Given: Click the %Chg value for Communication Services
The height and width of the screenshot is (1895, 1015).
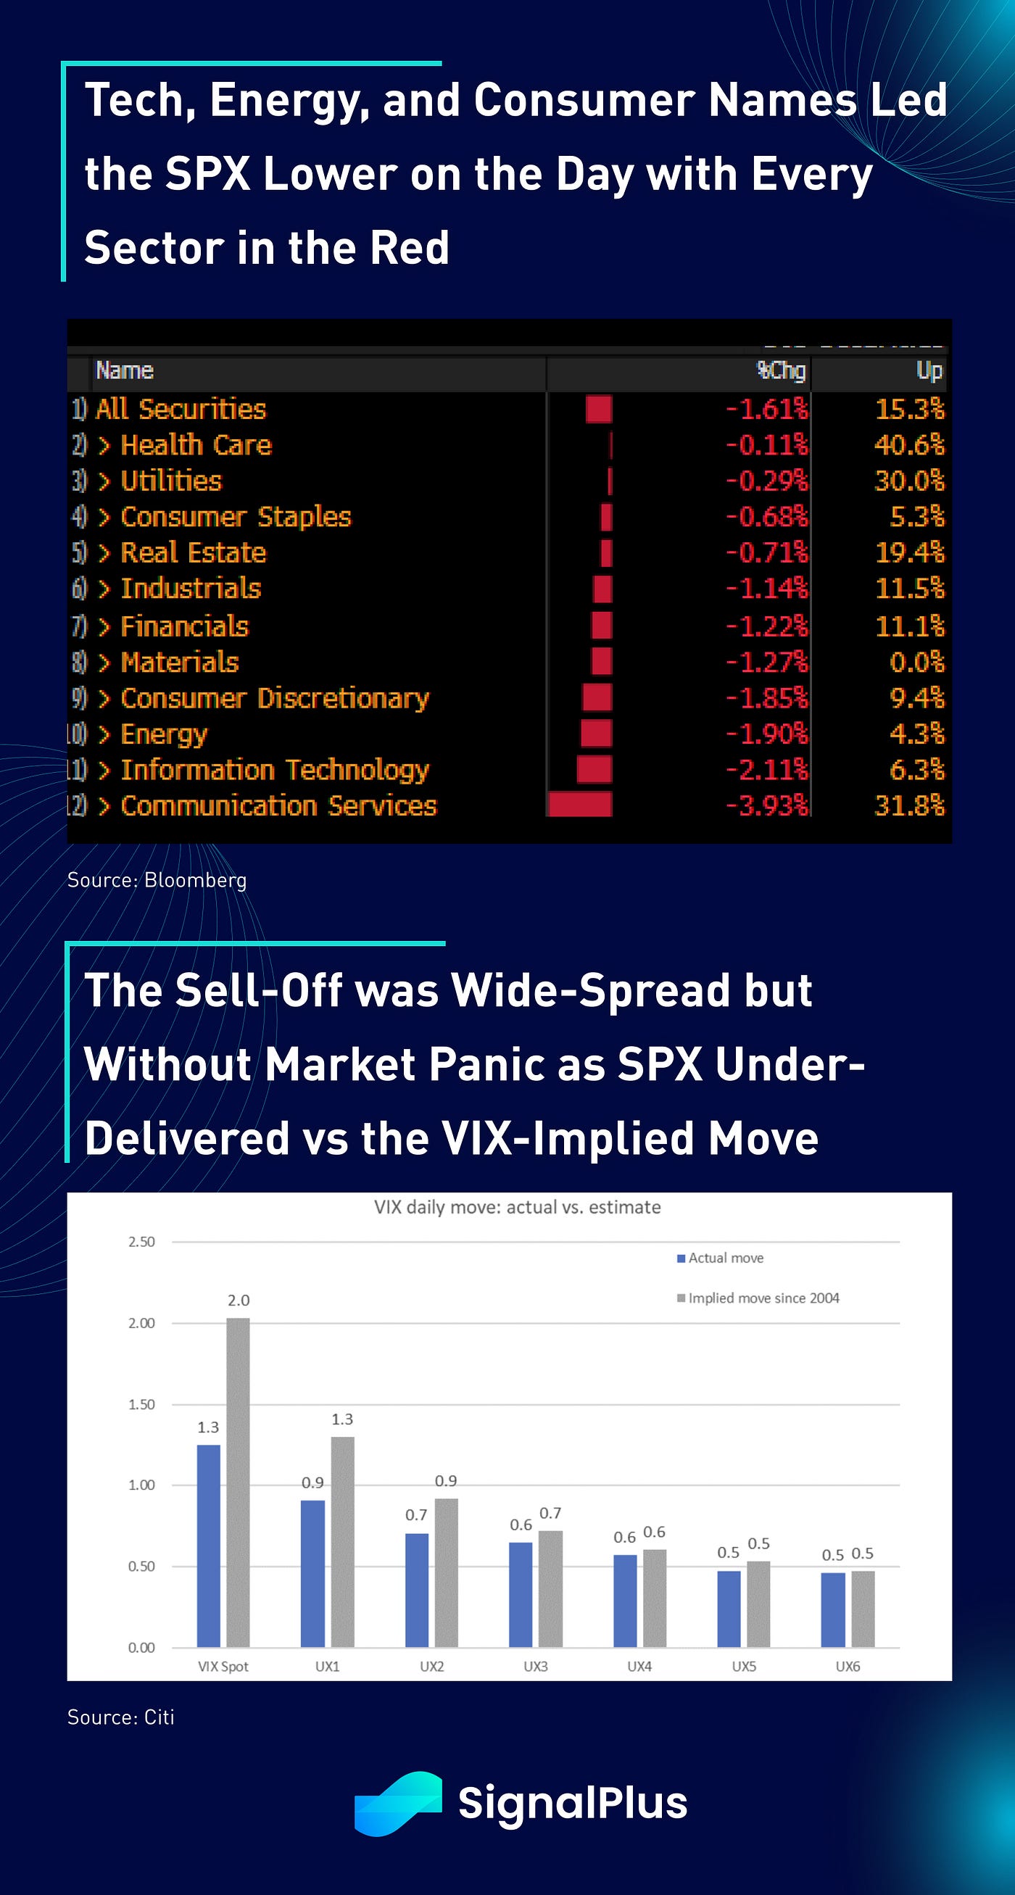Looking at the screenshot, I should tap(767, 805).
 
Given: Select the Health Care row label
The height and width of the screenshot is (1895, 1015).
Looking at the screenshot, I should tap(196, 445).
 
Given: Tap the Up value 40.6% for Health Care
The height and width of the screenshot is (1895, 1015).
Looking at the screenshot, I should tap(909, 445).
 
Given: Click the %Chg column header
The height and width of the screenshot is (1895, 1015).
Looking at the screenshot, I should tap(781, 370).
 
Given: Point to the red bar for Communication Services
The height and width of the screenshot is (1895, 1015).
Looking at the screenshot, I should tap(580, 804).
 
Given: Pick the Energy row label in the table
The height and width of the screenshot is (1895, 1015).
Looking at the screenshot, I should tap(163, 734).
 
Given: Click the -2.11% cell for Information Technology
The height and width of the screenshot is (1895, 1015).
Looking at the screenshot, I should tap(767, 769).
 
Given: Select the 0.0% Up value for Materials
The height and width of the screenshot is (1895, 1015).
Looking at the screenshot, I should tap(916, 662).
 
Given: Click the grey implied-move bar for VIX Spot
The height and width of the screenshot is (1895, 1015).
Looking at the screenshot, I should tap(238, 1482).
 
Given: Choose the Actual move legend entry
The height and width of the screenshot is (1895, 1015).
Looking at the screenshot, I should tap(721, 1258).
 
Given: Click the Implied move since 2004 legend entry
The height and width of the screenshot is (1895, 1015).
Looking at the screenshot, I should tap(758, 1298).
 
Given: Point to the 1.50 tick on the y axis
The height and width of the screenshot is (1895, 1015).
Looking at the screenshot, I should tap(141, 1404).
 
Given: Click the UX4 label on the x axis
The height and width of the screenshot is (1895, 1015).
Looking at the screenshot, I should tap(639, 1666).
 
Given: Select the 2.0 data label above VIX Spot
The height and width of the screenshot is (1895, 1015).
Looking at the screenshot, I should tap(239, 1301).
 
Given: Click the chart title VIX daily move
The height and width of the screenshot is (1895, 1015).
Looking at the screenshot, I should tap(517, 1207).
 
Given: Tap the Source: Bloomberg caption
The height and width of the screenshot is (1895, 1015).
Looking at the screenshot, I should tap(157, 880).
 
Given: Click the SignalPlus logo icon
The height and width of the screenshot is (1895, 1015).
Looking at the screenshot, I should tap(398, 1803).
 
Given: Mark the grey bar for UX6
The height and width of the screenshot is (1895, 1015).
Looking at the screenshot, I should tap(863, 1609).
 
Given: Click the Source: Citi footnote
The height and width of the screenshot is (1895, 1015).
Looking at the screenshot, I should tap(120, 1717).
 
